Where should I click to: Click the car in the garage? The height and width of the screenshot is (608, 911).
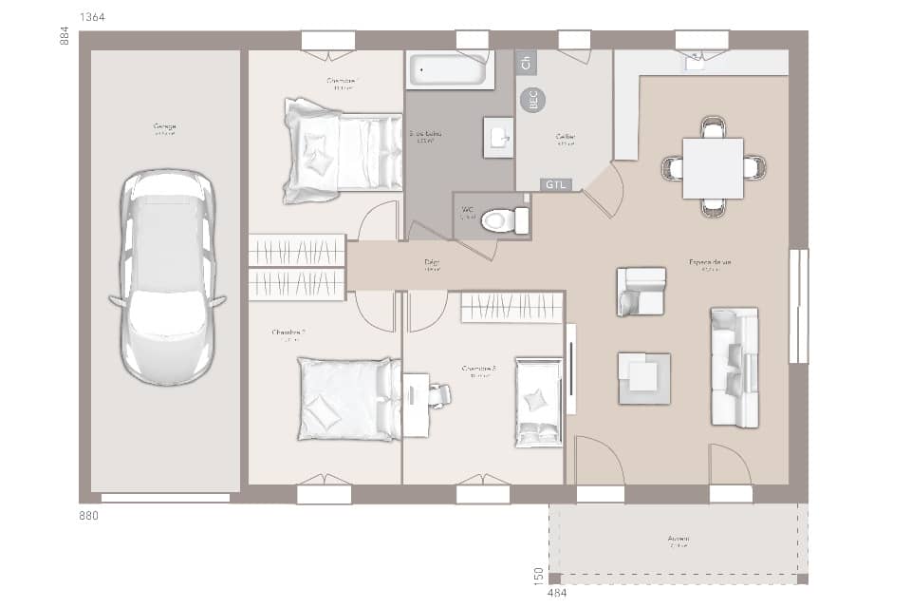[x=167, y=276]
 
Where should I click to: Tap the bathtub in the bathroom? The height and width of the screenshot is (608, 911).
[x=450, y=70]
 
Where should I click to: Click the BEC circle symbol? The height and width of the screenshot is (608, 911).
[x=532, y=100]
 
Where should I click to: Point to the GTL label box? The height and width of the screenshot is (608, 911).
[x=555, y=184]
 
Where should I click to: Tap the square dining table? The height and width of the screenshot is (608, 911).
[x=713, y=168]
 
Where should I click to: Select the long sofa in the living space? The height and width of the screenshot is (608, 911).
[x=734, y=367]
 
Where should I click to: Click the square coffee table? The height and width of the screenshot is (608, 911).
[x=644, y=378]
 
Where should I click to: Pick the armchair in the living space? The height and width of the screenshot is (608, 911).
[x=641, y=291]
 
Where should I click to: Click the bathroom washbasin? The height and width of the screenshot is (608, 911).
[x=497, y=138]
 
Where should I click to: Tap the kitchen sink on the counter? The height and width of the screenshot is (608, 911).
[x=697, y=63]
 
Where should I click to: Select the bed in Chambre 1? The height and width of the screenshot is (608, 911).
[x=342, y=150]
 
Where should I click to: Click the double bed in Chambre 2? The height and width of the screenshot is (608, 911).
[x=348, y=399]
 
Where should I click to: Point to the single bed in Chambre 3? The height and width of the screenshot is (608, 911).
[x=538, y=402]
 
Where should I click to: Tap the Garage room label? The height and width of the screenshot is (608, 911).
[x=165, y=126]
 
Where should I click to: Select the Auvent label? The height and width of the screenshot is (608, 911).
[x=679, y=539]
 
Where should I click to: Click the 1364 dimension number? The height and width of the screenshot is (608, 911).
[x=93, y=18]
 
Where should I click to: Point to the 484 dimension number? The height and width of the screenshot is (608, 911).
[x=558, y=594]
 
